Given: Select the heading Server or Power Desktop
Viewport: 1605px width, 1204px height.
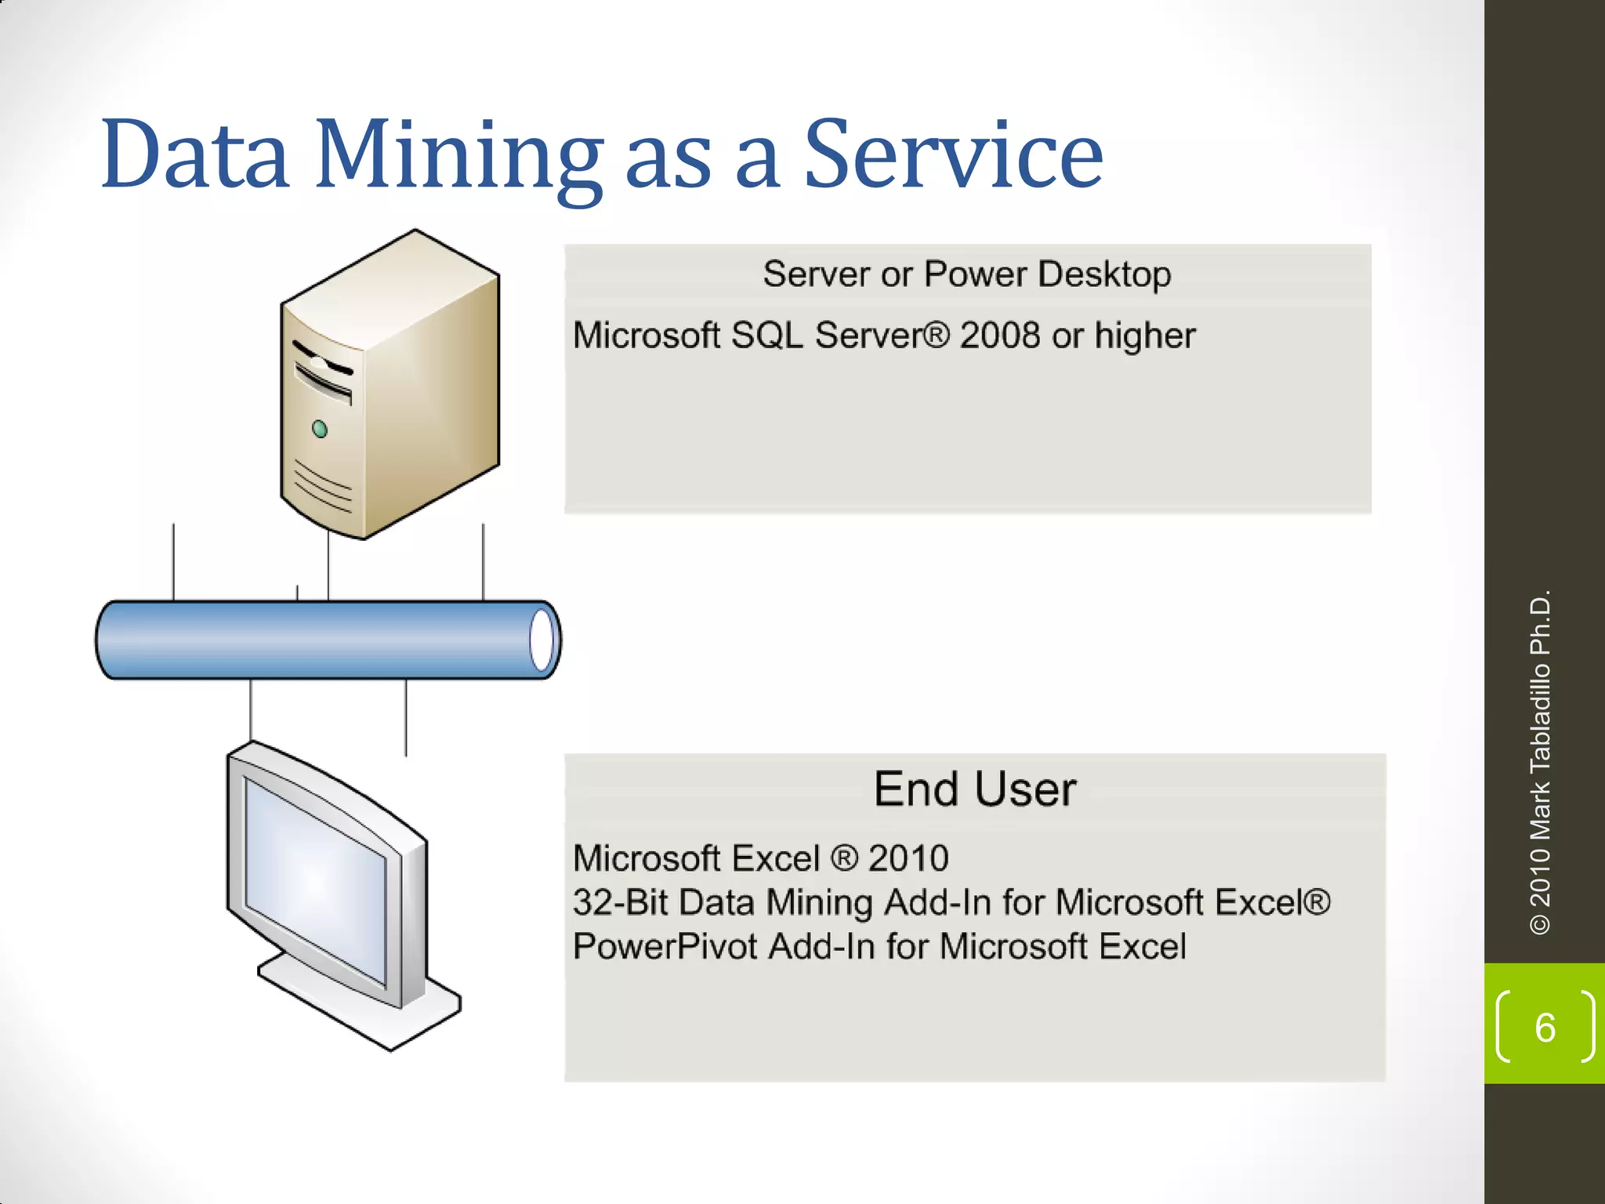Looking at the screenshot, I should [967, 274].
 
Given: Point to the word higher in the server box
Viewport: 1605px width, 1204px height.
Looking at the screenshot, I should [1145, 336].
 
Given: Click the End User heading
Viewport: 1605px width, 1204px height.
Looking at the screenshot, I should [975, 789].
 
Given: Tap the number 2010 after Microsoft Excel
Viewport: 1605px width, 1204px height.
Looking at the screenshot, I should [908, 858].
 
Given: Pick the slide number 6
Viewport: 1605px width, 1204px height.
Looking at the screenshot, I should [1545, 1028].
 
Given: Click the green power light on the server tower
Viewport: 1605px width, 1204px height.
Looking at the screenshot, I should [320, 429].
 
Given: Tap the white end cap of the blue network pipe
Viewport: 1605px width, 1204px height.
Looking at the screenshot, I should [542, 640].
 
